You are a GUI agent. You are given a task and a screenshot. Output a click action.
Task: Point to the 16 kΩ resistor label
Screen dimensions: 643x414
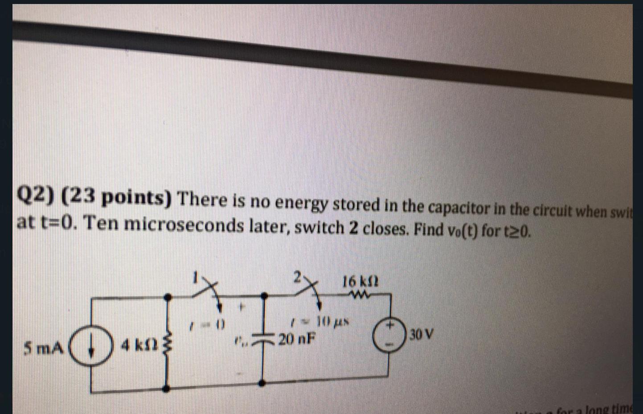(x=360, y=282)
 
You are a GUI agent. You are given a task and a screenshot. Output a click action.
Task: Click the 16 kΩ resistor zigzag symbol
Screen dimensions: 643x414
(x=360, y=295)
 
